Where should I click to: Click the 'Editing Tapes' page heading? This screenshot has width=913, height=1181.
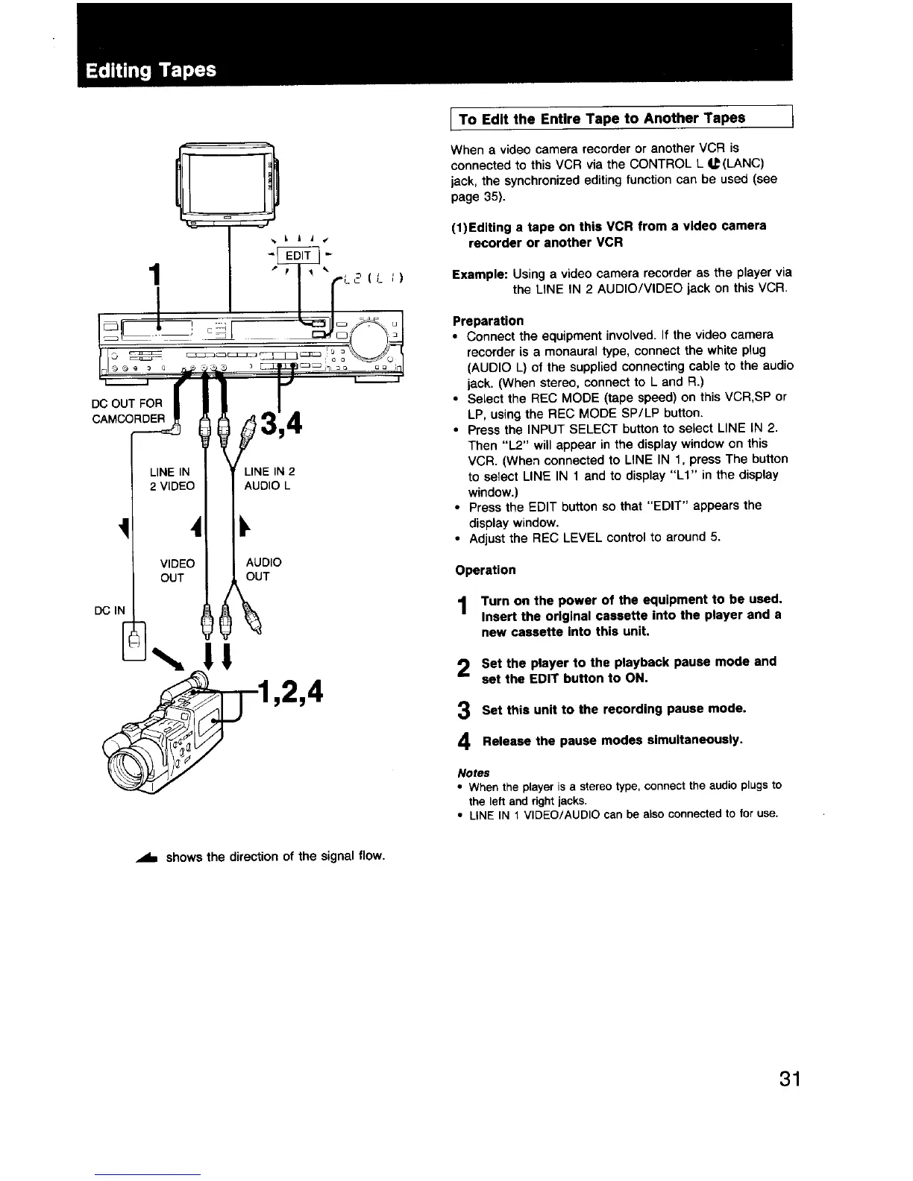click(151, 70)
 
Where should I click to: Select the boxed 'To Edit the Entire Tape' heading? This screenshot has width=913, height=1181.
click(601, 119)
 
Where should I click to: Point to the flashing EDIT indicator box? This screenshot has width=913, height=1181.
click(298, 256)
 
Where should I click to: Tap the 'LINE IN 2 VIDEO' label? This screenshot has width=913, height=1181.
click(172, 479)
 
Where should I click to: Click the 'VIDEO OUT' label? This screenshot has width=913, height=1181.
click(178, 570)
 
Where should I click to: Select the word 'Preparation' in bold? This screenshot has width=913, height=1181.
click(488, 321)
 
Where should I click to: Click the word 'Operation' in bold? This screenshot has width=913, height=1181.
click(485, 570)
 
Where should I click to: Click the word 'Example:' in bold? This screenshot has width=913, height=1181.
click(480, 273)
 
